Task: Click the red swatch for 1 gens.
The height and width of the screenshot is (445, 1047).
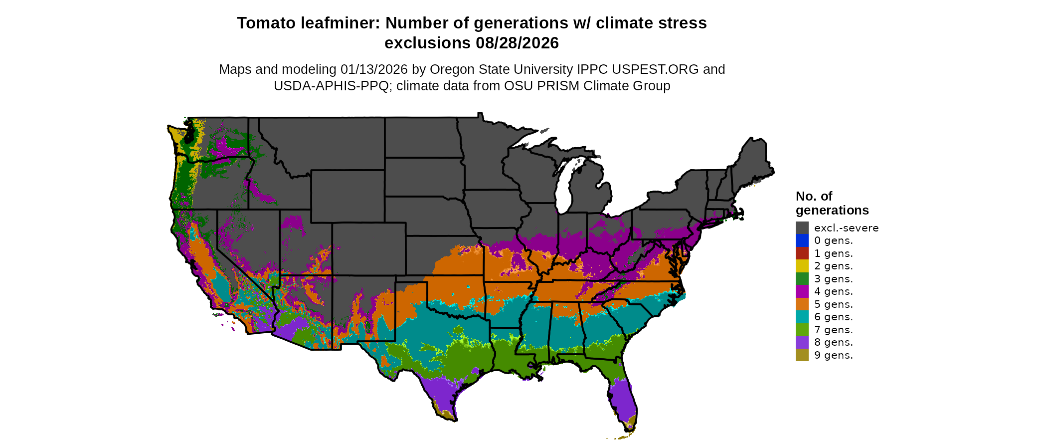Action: pyautogui.click(x=802, y=253)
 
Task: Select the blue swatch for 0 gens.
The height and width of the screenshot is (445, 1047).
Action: pyautogui.click(x=802, y=240)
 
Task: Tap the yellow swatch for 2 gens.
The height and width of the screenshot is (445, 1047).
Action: pyautogui.click(x=802, y=266)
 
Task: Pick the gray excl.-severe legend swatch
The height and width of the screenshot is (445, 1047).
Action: pyautogui.click(x=802, y=228)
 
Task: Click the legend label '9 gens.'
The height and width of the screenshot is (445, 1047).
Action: pyautogui.click(x=833, y=355)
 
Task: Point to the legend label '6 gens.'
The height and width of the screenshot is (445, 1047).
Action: pyautogui.click(x=833, y=317)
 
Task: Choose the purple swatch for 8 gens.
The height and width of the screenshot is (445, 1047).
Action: pyautogui.click(x=802, y=342)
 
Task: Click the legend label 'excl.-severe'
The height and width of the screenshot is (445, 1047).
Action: pyautogui.click(x=846, y=228)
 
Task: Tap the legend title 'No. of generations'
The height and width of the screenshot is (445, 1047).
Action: pyautogui.click(x=832, y=203)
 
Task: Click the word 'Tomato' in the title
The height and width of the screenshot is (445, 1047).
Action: pyautogui.click(x=264, y=23)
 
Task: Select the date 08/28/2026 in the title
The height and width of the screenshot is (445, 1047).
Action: pyautogui.click(x=517, y=43)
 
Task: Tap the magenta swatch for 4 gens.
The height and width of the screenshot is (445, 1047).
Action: pyautogui.click(x=802, y=291)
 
